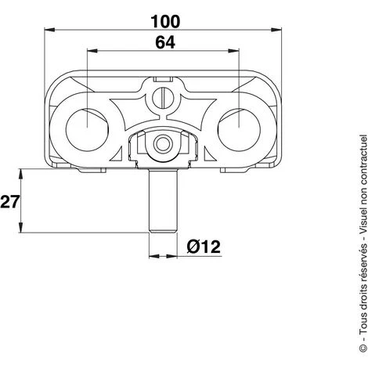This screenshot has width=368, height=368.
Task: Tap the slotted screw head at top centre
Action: [162, 100]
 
